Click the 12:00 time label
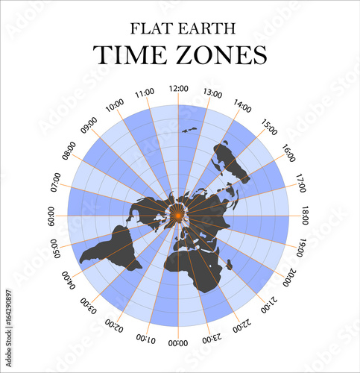click(178, 88)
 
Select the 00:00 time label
click(178, 343)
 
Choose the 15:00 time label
click(269, 125)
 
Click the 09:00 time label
click(88, 125)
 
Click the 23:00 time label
click(212, 338)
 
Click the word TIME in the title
click(129, 55)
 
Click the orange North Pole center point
click(178, 216)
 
